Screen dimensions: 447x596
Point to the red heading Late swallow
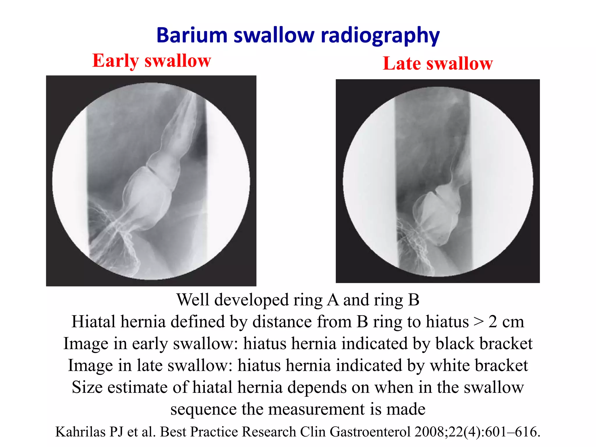pyautogui.click(x=437, y=63)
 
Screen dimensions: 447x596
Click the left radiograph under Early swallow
pyautogui.click(x=151, y=181)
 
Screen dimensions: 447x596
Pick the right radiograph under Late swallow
pyautogui.click(x=438, y=181)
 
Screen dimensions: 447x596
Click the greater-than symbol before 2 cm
pyautogui.click(x=478, y=322)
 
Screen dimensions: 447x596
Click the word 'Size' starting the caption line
pyautogui.click(x=87, y=388)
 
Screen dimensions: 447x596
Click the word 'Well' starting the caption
pyautogui.click(x=193, y=300)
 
